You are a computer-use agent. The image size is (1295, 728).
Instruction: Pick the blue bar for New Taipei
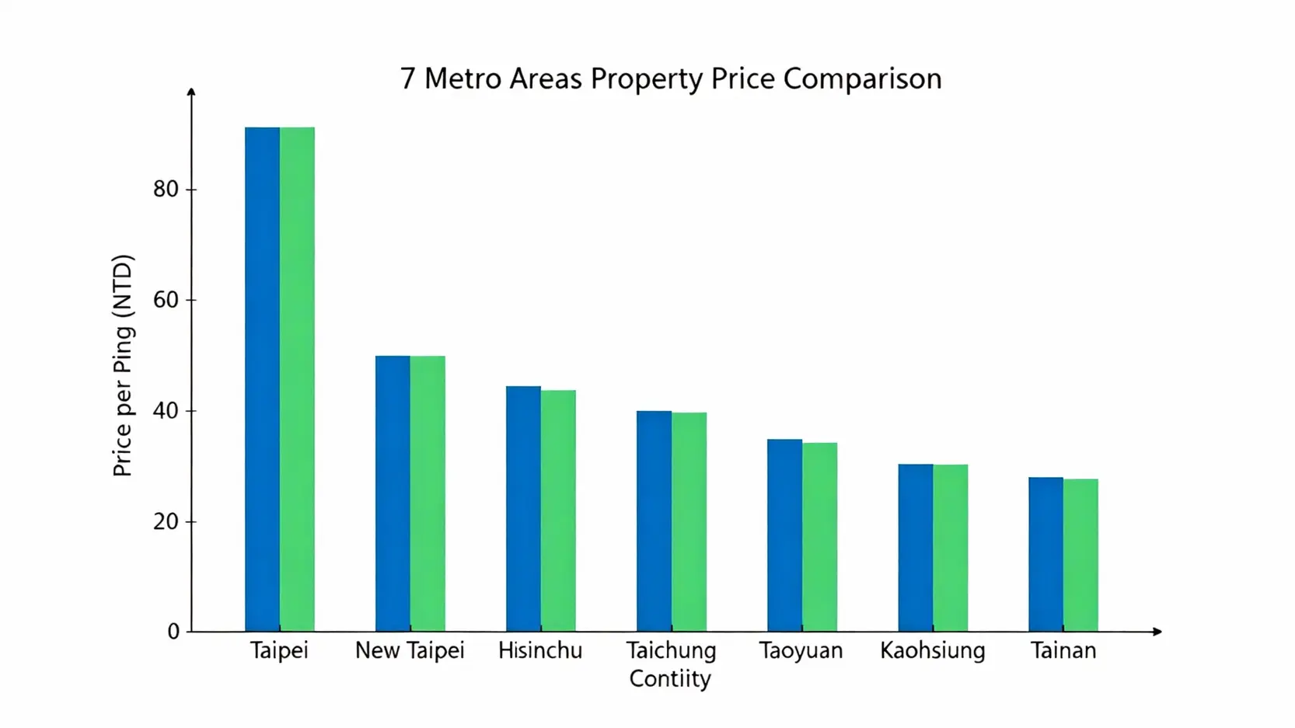click(393, 493)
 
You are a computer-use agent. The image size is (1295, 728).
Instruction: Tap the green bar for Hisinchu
click(558, 510)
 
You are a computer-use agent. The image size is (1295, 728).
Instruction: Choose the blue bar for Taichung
click(654, 521)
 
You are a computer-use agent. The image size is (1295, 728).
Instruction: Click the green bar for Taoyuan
click(819, 537)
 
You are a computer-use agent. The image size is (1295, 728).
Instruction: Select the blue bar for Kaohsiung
click(915, 548)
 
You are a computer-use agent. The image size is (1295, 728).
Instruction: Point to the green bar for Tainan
click(1080, 555)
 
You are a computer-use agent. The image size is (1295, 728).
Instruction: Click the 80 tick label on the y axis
click(166, 189)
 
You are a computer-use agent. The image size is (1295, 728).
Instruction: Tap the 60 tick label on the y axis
click(166, 300)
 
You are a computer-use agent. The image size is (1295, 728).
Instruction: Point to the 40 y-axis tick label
click(166, 410)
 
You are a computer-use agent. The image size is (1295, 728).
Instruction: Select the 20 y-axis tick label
click(166, 521)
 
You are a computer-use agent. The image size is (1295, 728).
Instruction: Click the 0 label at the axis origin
click(173, 632)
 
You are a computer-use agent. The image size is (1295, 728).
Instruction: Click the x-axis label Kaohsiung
click(932, 650)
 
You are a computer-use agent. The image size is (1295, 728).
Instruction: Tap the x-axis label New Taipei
click(410, 650)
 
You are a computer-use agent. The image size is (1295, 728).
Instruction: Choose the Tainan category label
click(1063, 650)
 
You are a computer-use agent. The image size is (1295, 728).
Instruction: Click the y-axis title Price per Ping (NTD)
click(123, 365)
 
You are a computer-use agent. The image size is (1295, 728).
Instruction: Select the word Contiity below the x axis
click(670, 678)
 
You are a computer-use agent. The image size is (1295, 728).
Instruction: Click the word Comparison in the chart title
click(862, 78)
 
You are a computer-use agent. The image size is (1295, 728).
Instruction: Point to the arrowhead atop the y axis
click(191, 92)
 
